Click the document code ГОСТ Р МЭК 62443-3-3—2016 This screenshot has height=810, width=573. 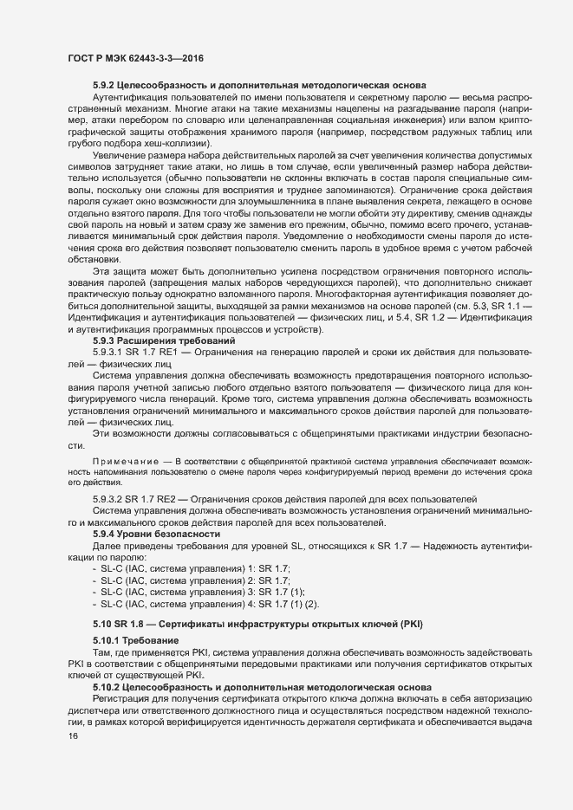coord(129,56)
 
